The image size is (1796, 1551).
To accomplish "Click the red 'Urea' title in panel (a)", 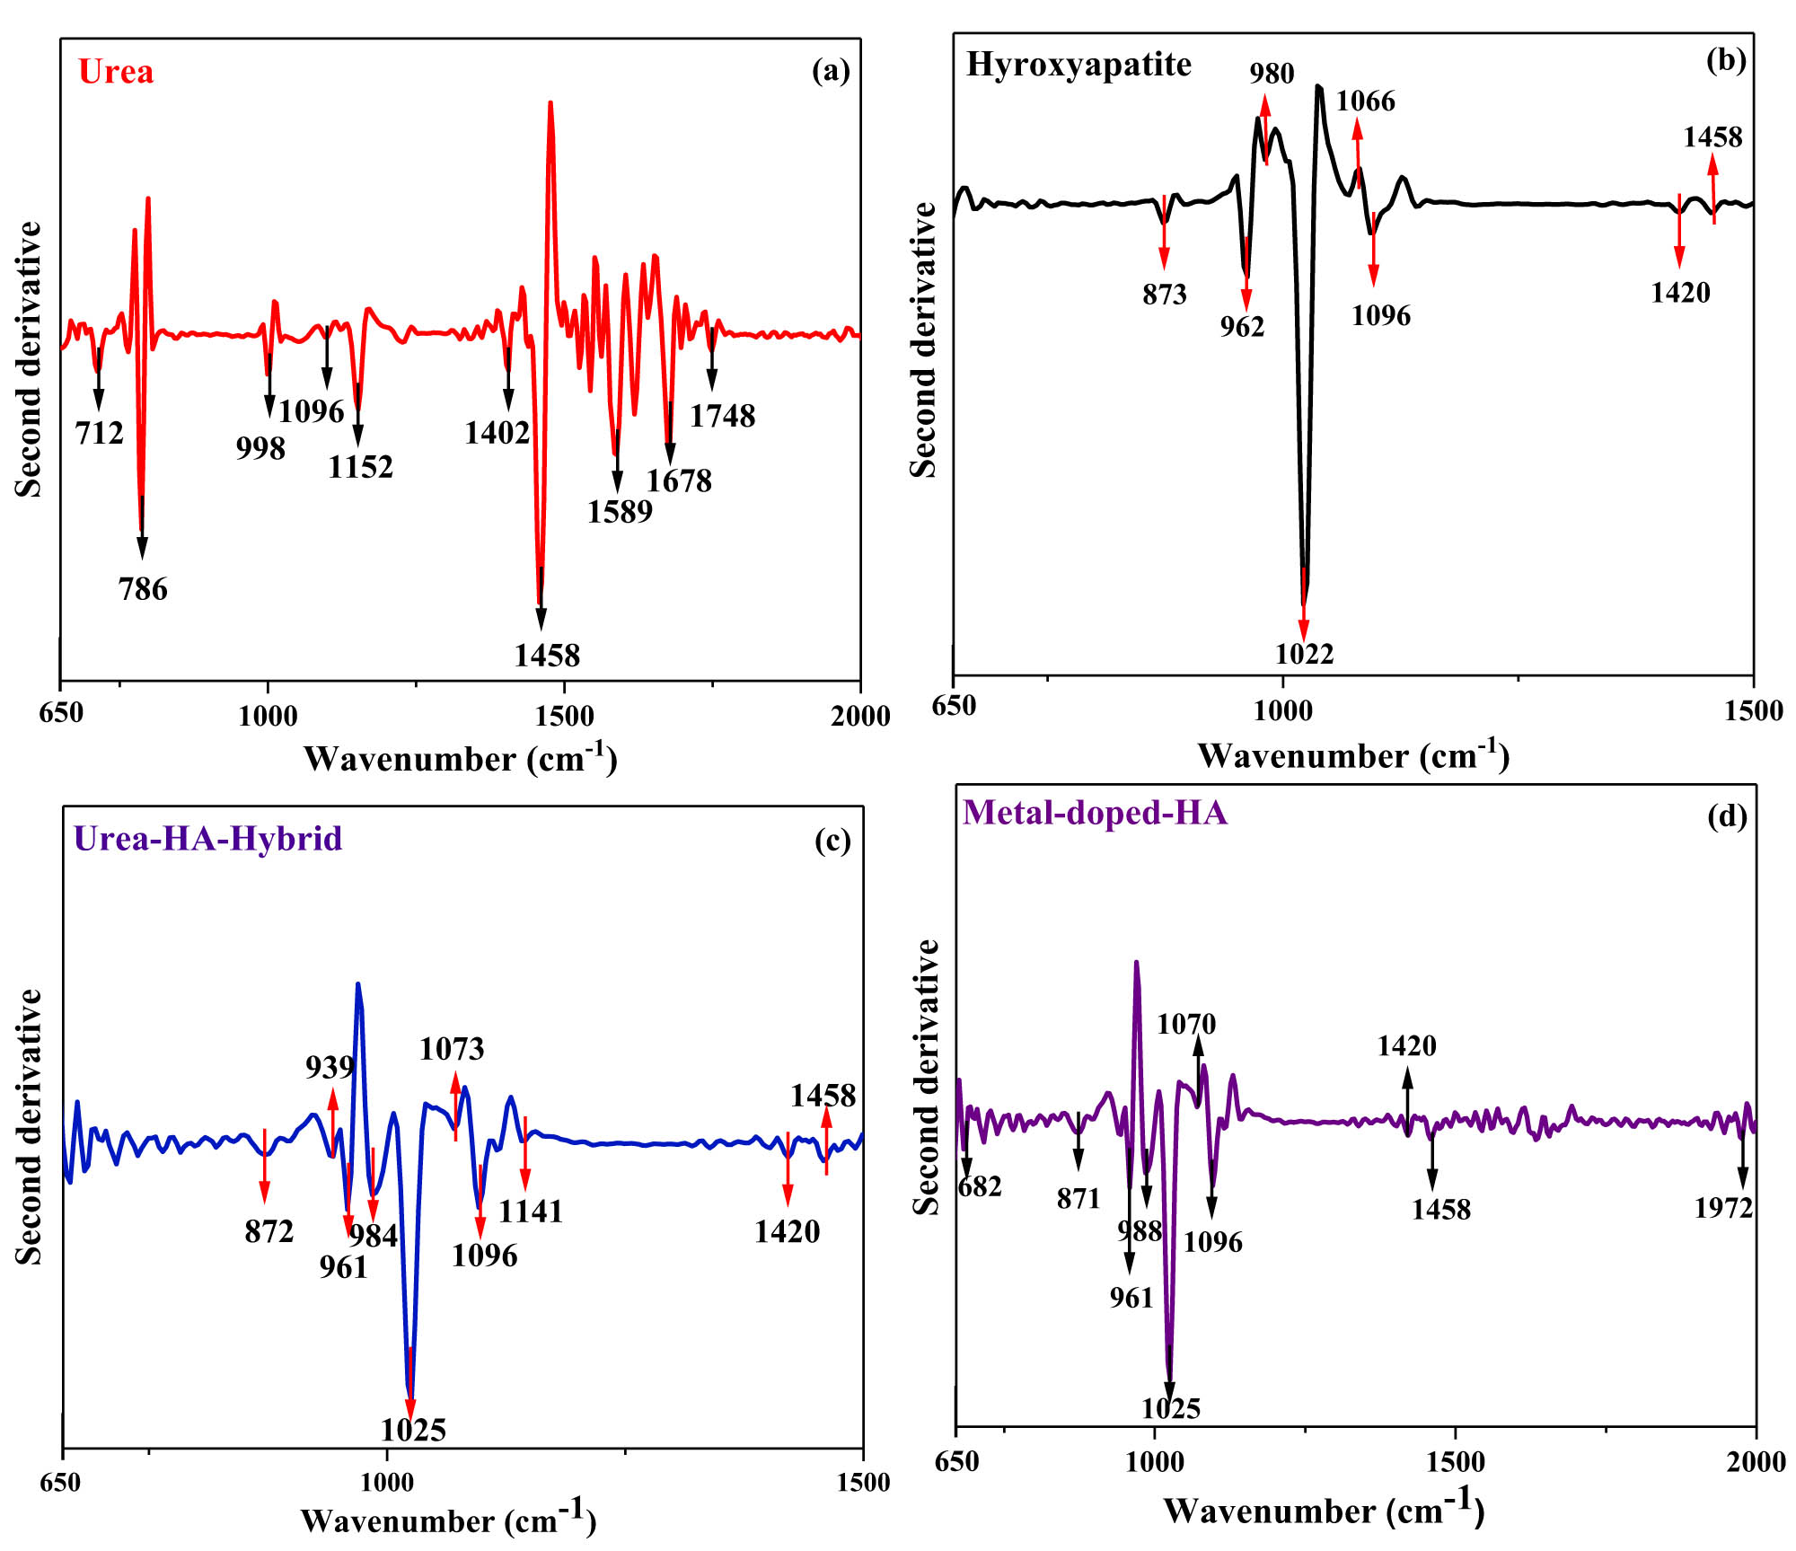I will coord(116,72).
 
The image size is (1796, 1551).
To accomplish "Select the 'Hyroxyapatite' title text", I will coord(1078,65).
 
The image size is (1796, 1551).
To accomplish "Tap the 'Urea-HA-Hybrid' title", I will coord(207,838).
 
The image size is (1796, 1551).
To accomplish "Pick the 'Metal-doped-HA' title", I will coord(1095,812).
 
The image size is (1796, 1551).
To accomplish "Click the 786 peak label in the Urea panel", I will coord(143,589).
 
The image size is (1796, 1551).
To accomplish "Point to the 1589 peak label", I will coord(620,511).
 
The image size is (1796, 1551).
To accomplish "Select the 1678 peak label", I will coord(679,481).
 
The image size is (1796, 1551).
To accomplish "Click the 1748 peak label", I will coord(722,416).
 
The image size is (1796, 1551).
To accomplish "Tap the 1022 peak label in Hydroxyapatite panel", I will coord(1304,654).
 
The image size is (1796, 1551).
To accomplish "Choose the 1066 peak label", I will coord(1365,101).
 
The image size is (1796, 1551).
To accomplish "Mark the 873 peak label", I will coord(1165,295).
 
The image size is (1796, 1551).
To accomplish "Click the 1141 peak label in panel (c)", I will coord(531,1212).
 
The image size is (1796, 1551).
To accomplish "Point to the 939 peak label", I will coord(330,1067).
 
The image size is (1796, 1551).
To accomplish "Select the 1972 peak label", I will coord(1723,1208).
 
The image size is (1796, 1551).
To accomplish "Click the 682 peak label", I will coord(980,1186).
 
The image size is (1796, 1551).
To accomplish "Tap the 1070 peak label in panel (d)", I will coord(1186,1024).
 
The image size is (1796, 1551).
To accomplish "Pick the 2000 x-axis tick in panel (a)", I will coord(860,716).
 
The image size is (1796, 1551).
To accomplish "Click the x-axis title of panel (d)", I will coord(1324,1510).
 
